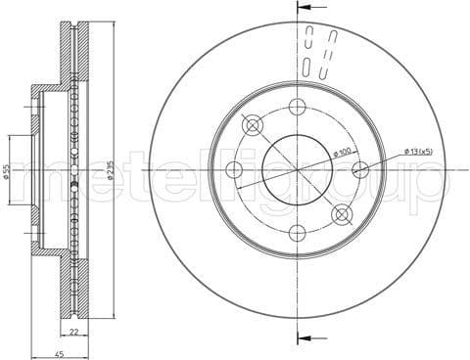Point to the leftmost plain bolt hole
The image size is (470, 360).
click(x=233, y=171)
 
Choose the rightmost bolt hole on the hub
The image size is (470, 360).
click(x=360, y=170)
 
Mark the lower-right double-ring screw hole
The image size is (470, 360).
click(x=342, y=215)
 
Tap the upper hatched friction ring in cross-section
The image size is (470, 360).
click(x=69, y=59)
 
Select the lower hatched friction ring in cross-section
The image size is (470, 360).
click(x=69, y=284)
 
